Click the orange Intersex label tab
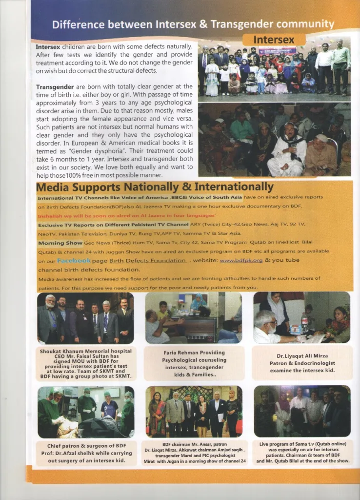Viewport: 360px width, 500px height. [x=274, y=40]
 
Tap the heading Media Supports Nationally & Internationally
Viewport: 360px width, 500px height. [x=155, y=187]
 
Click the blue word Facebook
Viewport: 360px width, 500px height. [x=74, y=261]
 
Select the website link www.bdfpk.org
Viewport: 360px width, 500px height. [x=241, y=261]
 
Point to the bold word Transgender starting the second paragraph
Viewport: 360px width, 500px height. [x=54, y=87]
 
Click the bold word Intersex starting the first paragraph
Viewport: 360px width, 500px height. [x=48, y=47]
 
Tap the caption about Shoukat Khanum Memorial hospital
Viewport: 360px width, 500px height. [x=86, y=364]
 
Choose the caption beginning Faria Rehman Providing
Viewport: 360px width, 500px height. [x=194, y=363]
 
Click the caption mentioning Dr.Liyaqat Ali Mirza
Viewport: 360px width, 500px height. [x=301, y=363]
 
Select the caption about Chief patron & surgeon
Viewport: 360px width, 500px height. [x=85, y=453]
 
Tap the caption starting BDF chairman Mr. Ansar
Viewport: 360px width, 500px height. [x=195, y=453]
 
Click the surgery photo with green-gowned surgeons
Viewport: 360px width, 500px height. [x=86, y=411]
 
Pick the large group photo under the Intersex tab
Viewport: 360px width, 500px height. [x=274, y=70]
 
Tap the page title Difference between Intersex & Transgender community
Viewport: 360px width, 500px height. [x=193, y=24]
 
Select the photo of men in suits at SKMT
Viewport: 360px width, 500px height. [x=86, y=318]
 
